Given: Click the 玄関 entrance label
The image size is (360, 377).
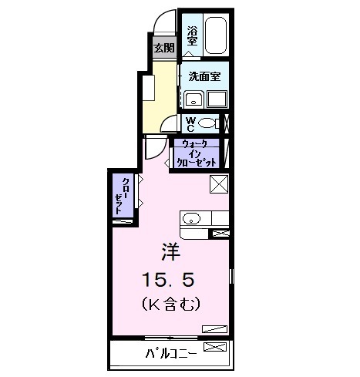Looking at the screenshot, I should [x=163, y=47].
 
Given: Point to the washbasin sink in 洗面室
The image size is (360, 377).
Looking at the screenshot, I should [x=193, y=99].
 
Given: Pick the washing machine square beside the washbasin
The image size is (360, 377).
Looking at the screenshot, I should [x=217, y=99].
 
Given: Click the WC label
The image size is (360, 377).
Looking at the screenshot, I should [x=190, y=123].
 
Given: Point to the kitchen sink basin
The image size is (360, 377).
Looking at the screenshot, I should [x=193, y=218].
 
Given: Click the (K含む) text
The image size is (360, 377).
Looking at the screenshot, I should [x=170, y=305].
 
